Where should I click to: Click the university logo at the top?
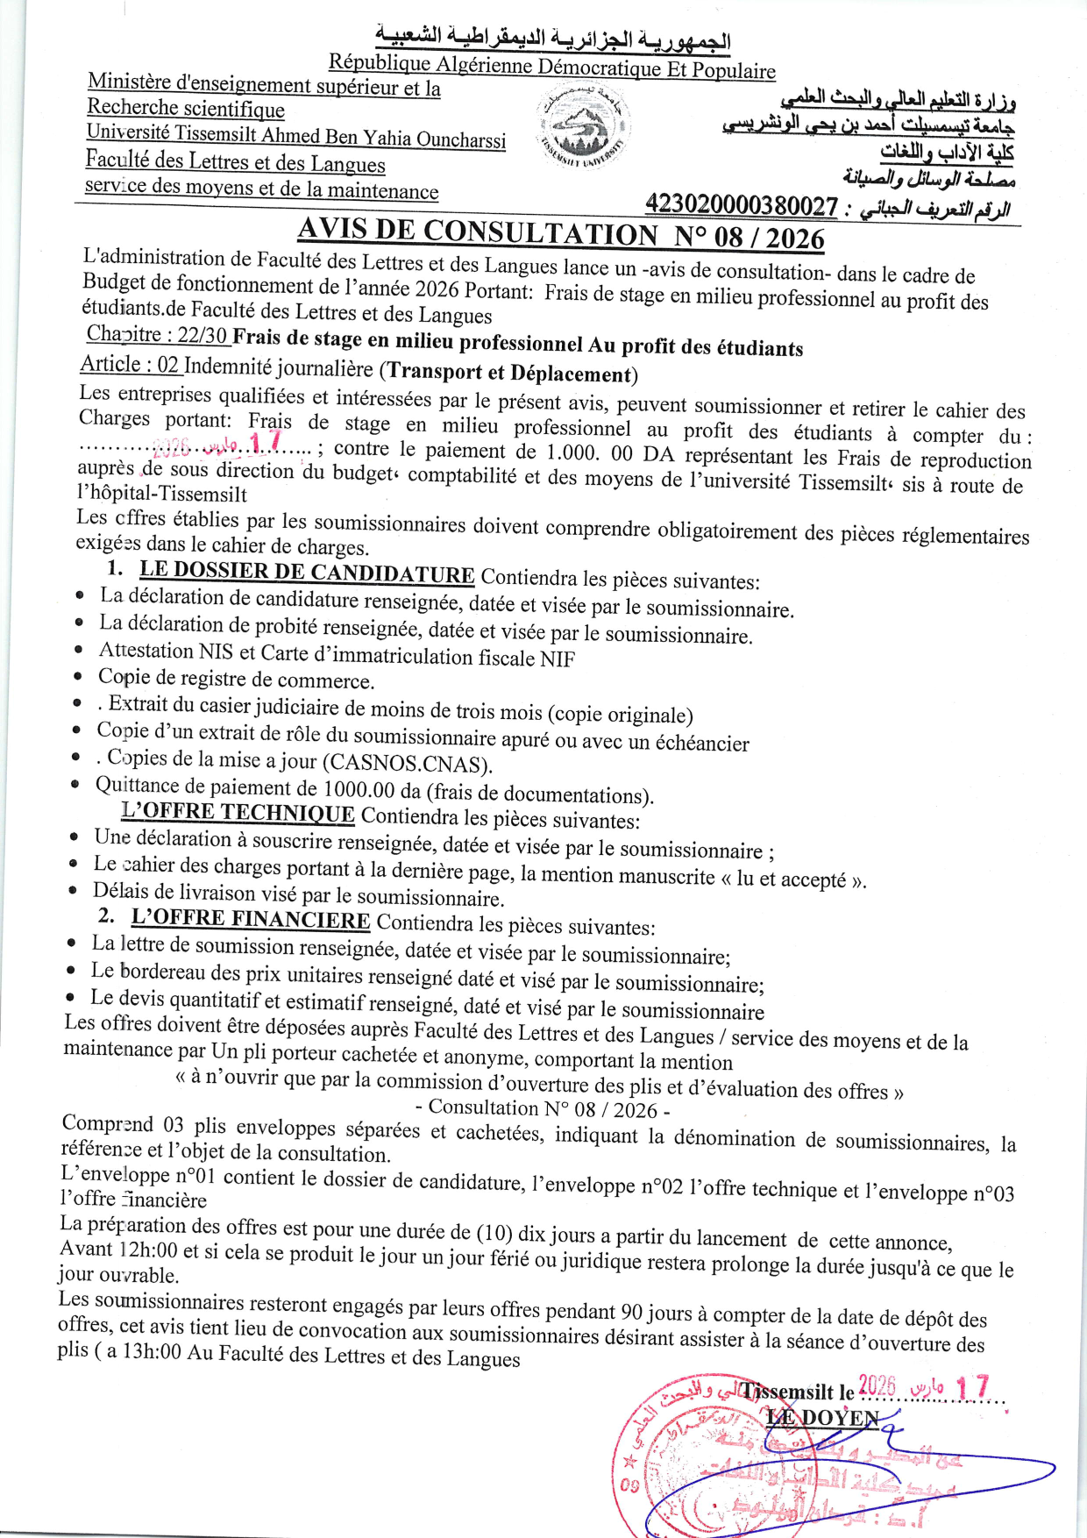(583, 129)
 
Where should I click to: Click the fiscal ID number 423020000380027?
(742, 205)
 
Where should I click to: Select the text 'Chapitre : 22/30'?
(157, 335)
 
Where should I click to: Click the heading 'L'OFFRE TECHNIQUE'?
(238, 813)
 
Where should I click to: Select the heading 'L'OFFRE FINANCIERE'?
(251, 919)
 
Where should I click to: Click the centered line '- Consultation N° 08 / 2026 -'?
(543, 1109)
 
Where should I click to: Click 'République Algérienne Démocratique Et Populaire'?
(552, 66)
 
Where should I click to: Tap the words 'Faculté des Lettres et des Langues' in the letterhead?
(235, 162)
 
